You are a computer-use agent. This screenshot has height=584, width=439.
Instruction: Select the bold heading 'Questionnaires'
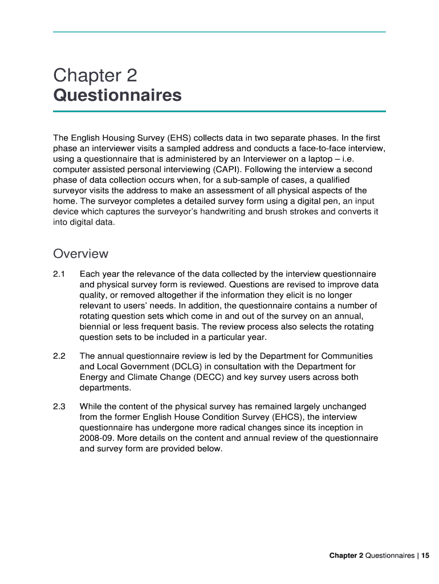(x=117, y=95)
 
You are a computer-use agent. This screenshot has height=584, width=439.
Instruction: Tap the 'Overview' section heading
(x=80, y=253)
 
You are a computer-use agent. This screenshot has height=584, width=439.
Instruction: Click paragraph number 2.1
(x=59, y=274)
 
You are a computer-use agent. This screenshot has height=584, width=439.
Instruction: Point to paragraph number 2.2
(x=59, y=356)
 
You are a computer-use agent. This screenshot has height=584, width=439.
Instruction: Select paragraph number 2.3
(x=59, y=407)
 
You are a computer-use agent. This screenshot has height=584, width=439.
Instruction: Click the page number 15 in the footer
(x=425, y=555)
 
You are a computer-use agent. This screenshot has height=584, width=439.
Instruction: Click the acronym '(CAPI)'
(x=230, y=169)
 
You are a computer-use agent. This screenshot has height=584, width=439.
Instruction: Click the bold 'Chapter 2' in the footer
(x=346, y=555)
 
